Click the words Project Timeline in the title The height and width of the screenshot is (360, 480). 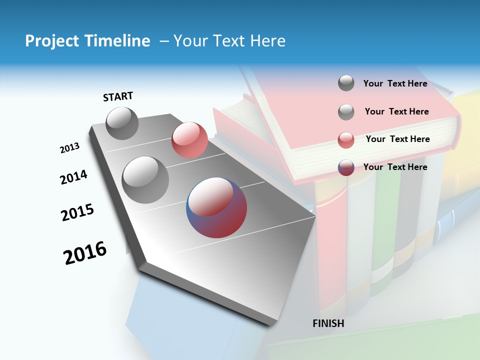point(87,41)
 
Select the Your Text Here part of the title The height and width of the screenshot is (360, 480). point(229,41)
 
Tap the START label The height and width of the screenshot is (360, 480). point(118,96)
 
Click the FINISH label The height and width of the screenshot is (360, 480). point(328,323)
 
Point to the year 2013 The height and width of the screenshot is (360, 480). point(69,148)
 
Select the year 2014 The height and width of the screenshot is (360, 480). point(73,177)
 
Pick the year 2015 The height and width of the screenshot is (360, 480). point(77,212)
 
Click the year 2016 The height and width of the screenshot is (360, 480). point(85,253)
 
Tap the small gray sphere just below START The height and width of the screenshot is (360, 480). point(122,123)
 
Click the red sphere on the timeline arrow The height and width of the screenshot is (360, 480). point(189,140)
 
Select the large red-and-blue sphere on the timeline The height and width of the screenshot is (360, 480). point(216,207)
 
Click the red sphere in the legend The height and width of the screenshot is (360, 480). point(346,140)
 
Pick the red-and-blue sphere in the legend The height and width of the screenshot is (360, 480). point(346,167)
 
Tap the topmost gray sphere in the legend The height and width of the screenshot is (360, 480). point(346,83)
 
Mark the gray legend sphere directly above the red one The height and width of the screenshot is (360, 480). point(346,112)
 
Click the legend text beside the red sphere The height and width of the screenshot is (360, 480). point(397,139)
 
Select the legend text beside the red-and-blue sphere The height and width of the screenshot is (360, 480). point(395,167)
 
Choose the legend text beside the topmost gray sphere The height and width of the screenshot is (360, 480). point(395,83)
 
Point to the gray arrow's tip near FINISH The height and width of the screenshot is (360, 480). point(272,322)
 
